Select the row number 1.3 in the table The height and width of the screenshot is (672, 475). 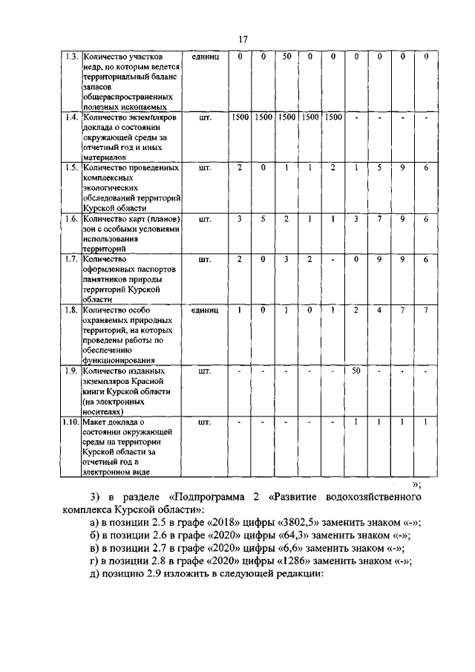(71, 56)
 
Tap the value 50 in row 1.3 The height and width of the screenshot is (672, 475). (286, 56)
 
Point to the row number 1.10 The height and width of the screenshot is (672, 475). (71, 422)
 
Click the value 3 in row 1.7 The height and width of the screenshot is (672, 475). (286, 259)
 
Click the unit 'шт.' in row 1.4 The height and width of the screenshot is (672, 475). (206, 117)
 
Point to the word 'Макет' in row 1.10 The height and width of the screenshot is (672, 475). (97, 422)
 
